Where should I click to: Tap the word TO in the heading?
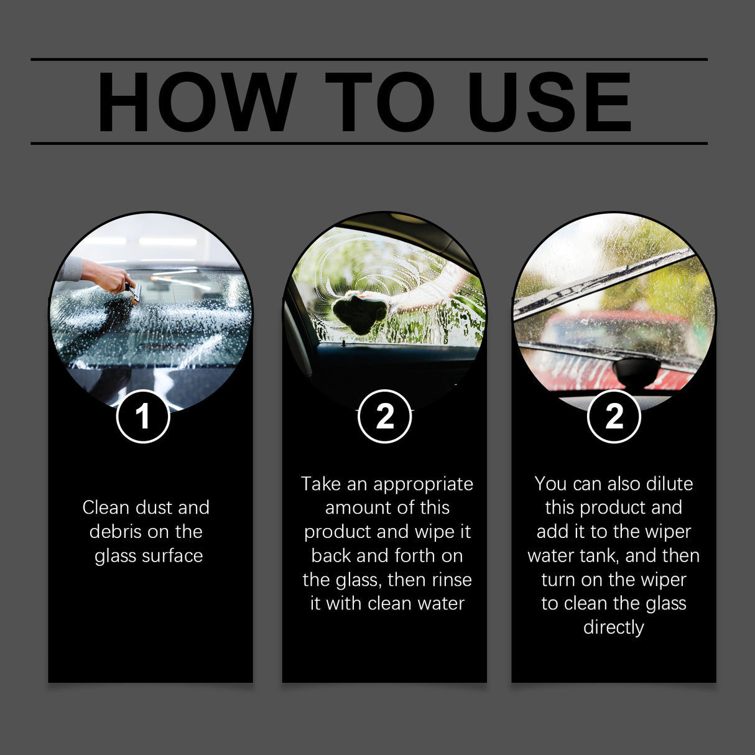click(380, 102)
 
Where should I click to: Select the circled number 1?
click(143, 416)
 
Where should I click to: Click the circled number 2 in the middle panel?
click(384, 416)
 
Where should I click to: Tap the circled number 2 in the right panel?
click(614, 416)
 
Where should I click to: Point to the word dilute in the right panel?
click(669, 484)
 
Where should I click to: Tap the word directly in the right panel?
click(613, 628)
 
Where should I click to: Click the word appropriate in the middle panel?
click(423, 484)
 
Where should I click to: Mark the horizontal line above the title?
click(369, 60)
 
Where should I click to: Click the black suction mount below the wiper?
click(636, 372)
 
